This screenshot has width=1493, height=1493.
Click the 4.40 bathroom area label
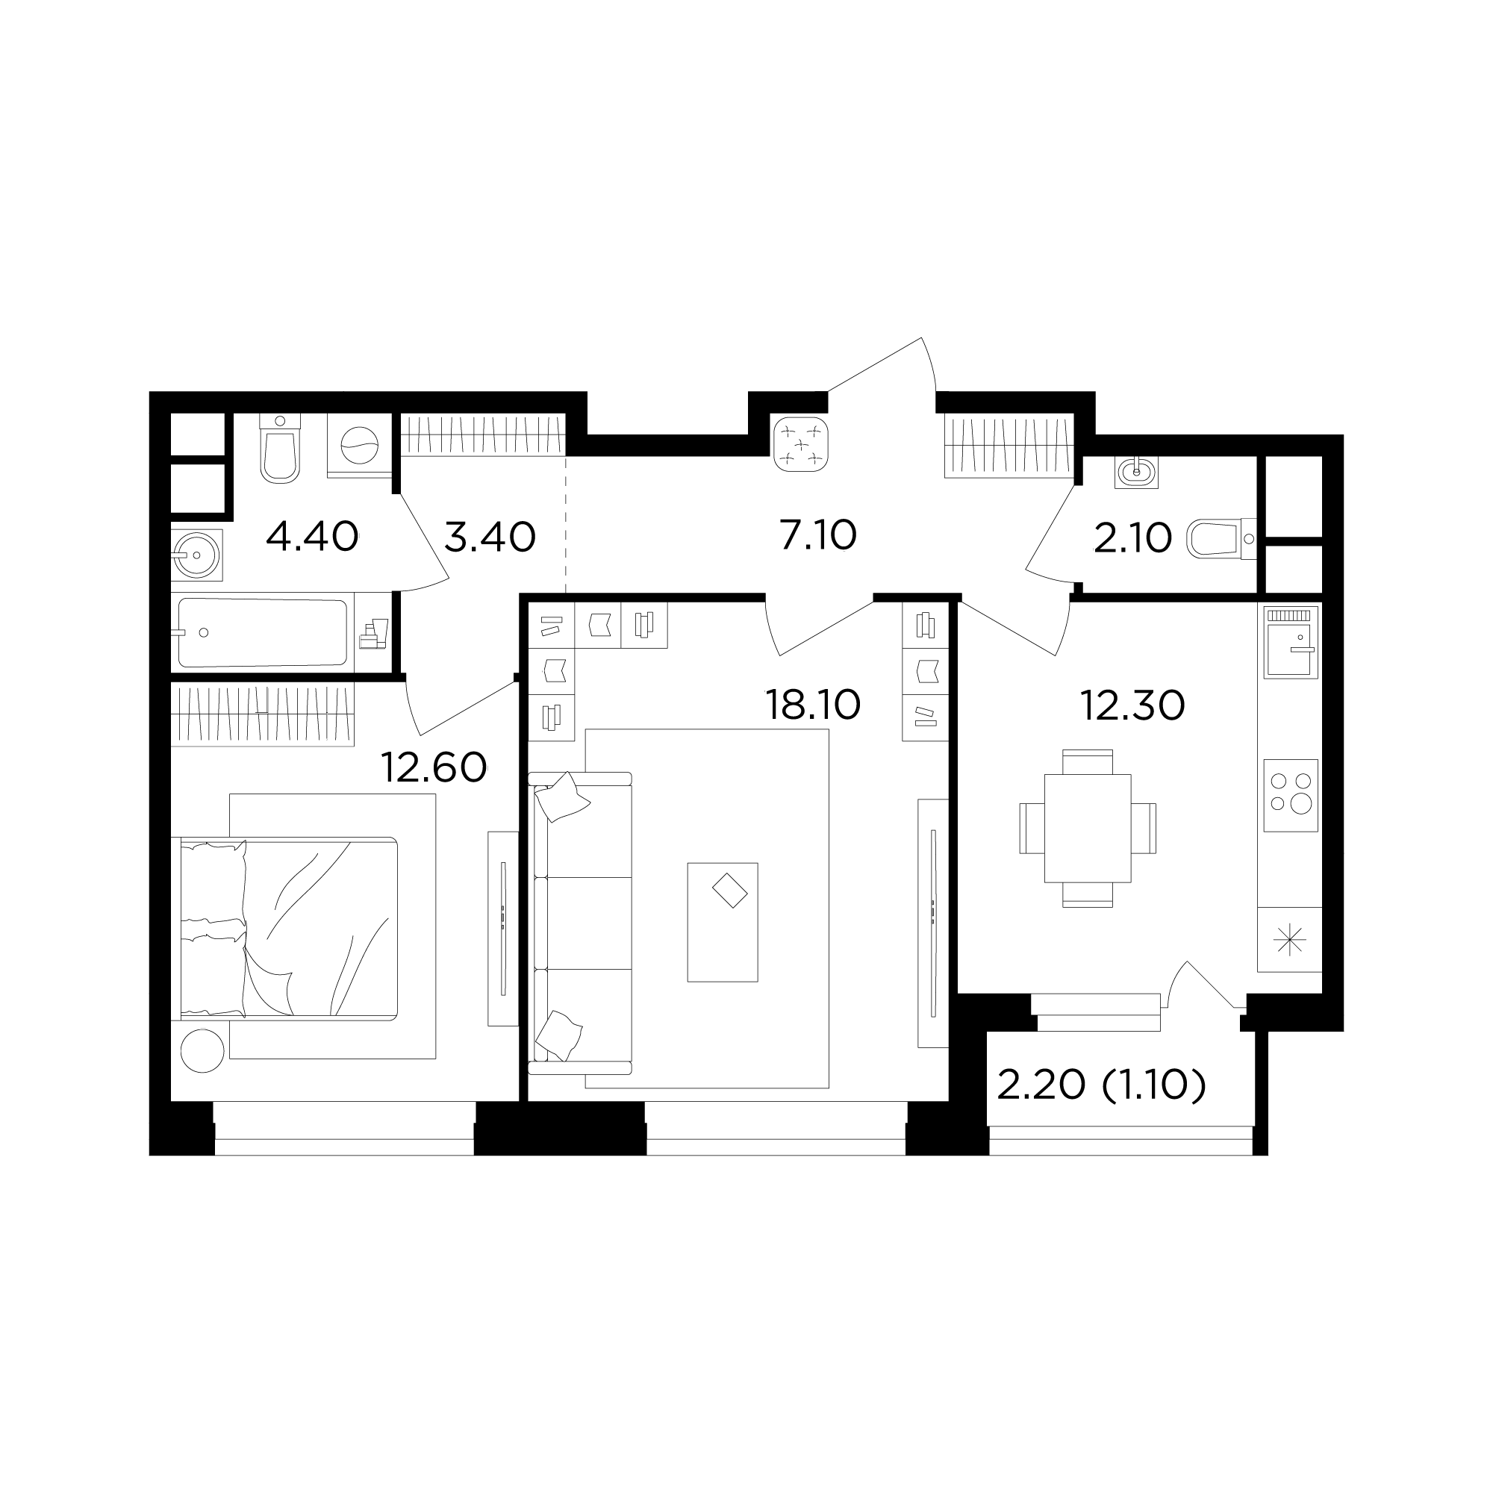coord(312,536)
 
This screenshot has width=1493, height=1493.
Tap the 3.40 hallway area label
coord(490,536)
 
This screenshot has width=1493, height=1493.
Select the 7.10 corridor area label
coord(818,534)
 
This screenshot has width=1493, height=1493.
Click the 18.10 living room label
coord(812,705)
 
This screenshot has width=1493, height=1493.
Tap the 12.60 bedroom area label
coord(434,767)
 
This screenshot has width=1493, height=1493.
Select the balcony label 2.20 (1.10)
coord(1101,1085)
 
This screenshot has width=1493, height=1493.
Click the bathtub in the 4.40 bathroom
coord(263,633)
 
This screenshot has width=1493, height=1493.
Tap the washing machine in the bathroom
coord(359,446)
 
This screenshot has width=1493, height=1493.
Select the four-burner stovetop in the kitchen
coord(1291,795)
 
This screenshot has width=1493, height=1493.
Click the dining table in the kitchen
coord(1088,829)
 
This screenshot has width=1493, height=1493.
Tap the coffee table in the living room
coord(723,922)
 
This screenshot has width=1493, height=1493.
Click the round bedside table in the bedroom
coord(202,1051)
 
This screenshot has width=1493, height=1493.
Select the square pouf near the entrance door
coord(800,443)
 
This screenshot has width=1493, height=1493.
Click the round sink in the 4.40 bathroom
coord(197,554)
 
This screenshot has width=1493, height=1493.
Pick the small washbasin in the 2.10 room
coord(1137,471)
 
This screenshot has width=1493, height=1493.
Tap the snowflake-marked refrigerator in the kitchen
coord(1290,940)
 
